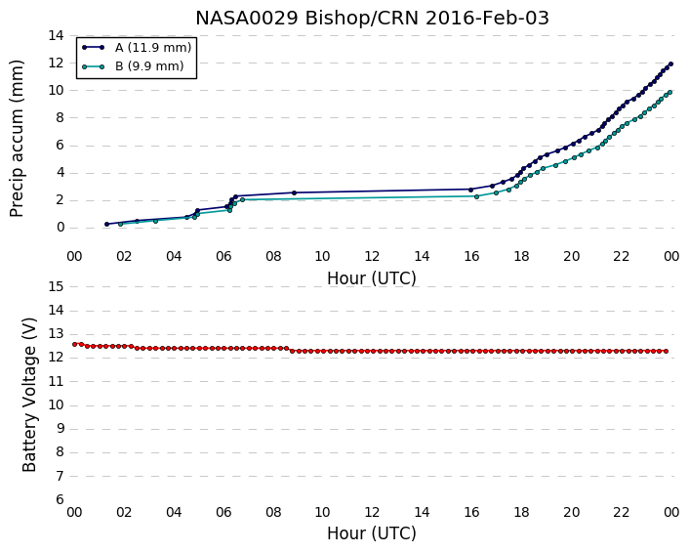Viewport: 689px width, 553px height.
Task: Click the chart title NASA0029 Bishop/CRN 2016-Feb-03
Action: coord(372,18)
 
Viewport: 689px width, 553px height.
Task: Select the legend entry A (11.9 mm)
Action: coord(153,48)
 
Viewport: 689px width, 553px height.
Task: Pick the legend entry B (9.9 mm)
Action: coord(149,66)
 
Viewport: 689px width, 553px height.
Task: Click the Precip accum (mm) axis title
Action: coord(17,139)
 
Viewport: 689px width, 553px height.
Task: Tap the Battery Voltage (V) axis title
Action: coord(29,395)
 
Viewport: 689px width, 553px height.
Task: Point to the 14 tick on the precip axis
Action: coord(56,35)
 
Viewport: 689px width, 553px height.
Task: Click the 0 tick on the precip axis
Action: coord(61,228)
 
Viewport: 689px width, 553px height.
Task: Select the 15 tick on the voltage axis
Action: coord(56,287)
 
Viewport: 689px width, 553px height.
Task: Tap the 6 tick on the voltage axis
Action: coord(60,499)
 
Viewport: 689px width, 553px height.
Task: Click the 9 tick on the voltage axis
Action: coord(60,429)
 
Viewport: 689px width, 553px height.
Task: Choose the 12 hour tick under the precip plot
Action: coord(372,256)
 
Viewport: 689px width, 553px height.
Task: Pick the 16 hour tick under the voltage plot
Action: coord(471,512)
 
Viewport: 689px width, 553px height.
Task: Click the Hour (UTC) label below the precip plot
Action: coord(372,278)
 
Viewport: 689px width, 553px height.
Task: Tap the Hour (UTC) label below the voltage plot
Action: coord(372,533)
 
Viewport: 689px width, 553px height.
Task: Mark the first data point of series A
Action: coord(106,224)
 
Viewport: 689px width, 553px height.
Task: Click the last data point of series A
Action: coord(670,64)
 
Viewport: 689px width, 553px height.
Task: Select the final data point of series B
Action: coord(670,93)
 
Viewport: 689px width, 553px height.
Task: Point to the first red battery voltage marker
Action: coord(75,344)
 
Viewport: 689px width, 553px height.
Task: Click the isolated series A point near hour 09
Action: coord(294,192)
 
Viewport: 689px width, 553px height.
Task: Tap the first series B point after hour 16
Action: coord(477,196)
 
